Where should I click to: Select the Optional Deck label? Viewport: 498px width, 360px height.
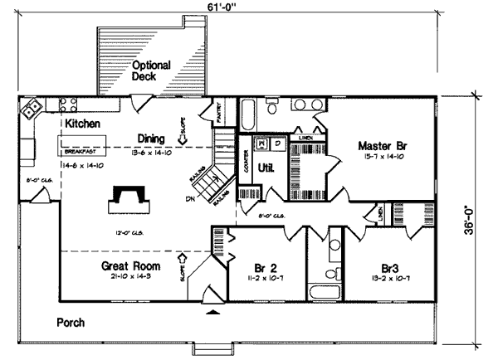pyautogui.click(x=151, y=71)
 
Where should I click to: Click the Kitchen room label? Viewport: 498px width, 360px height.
pyautogui.click(x=83, y=124)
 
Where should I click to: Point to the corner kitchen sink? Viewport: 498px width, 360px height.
pyautogui.click(x=32, y=108)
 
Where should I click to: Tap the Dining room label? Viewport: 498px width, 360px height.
pyautogui.click(x=151, y=139)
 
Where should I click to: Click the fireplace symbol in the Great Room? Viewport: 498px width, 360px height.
pyautogui.click(x=129, y=197)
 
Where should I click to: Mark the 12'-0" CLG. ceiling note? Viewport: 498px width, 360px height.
pyautogui.click(x=128, y=233)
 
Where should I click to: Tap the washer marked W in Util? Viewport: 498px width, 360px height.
pyautogui.click(x=262, y=144)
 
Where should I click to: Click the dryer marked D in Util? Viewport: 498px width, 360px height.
pyautogui.click(x=279, y=144)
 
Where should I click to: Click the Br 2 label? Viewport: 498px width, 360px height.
pyautogui.click(x=264, y=268)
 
